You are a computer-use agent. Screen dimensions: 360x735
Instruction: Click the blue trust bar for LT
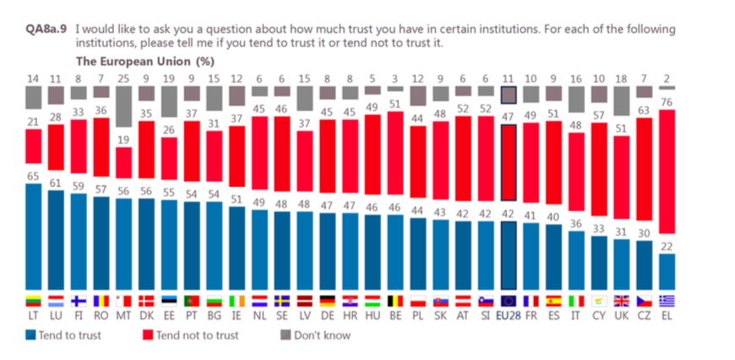click(x=34, y=237)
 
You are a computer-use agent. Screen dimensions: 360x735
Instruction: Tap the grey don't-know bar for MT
click(x=122, y=106)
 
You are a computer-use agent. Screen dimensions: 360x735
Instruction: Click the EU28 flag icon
click(x=508, y=300)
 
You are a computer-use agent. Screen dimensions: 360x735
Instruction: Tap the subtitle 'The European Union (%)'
click(x=144, y=61)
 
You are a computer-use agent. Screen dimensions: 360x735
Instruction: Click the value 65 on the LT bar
click(x=33, y=177)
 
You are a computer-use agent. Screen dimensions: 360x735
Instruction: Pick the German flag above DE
click(x=329, y=300)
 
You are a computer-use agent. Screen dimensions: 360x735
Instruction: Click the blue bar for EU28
click(x=508, y=254)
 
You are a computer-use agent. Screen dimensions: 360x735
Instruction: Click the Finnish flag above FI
click(x=79, y=300)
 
